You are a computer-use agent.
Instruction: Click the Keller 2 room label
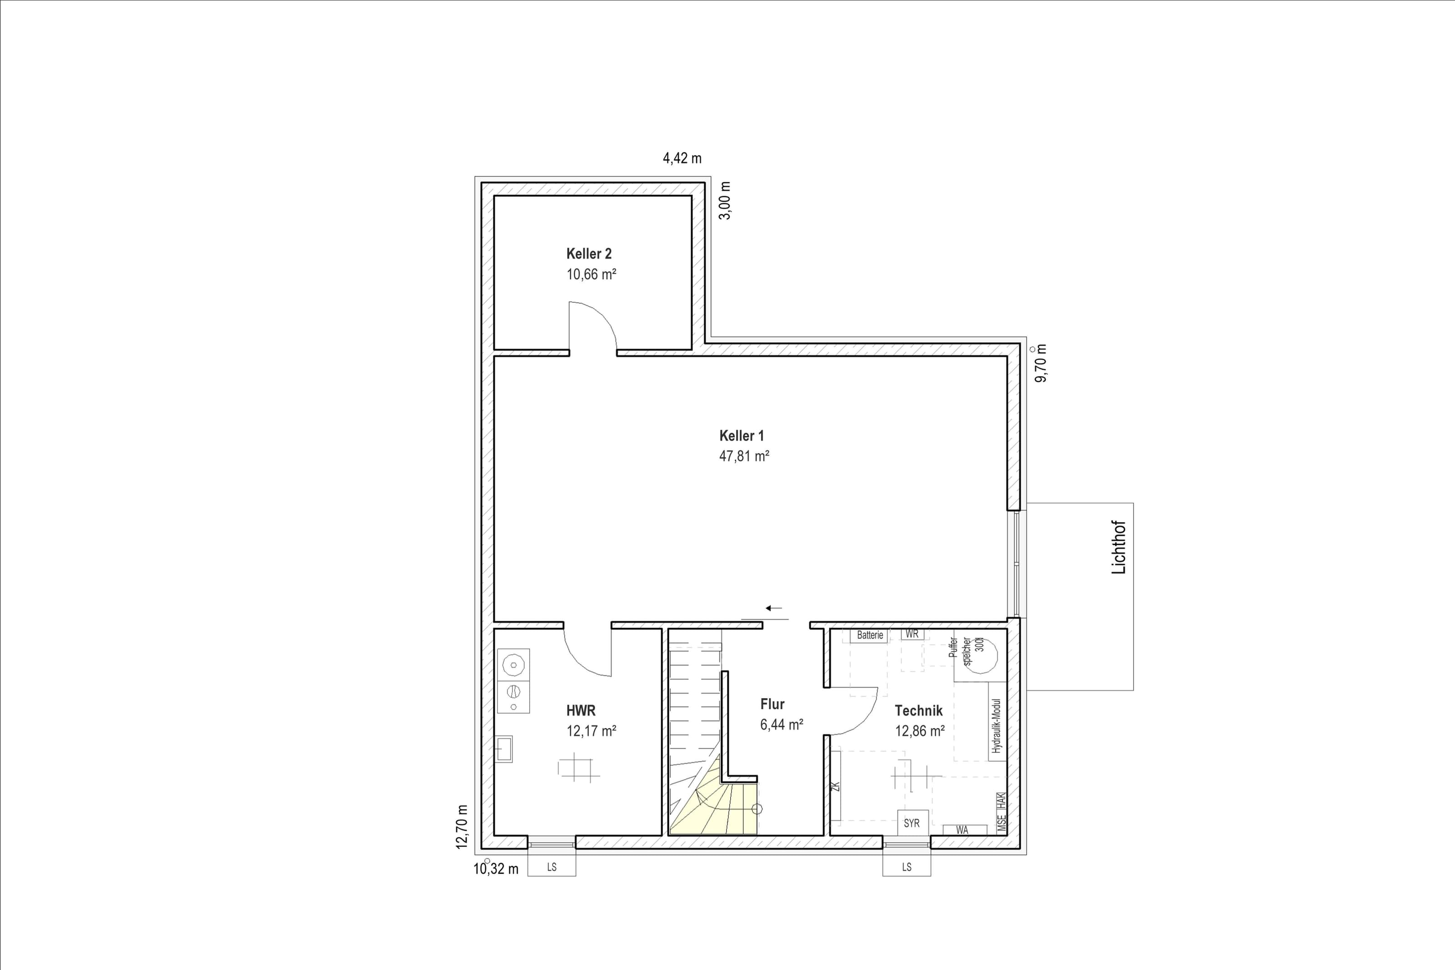pyautogui.click(x=589, y=254)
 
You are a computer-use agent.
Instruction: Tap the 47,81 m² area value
pyautogui.click(x=744, y=457)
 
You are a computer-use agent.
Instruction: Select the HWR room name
pyautogui.click(x=581, y=711)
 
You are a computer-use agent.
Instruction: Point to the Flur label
pyautogui.click(x=773, y=704)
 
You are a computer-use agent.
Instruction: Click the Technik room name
pyautogui.click(x=918, y=711)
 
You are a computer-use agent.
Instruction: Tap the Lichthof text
pyautogui.click(x=1119, y=548)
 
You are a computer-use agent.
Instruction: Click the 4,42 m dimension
pyautogui.click(x=682, y=158)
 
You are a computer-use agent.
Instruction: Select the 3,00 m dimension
pyautogui.click(x=725, y=201)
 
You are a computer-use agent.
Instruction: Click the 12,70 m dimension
pyautogui.click(x=462, y=827)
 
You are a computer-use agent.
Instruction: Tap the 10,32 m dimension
pyautogui.click(x=496, y=869)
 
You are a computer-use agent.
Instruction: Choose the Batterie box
pyautogui.click(x=869, y=635)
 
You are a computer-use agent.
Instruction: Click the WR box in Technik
pyautogui.click(x=912, y=634)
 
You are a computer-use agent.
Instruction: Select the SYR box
pyautogui.click(x=912, y=823)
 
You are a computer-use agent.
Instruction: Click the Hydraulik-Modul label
pyautogui.click(x=996, y=726)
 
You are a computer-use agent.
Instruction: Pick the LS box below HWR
pyautogui.click(x=552, y=866)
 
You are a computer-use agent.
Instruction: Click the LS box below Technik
pyautogui.click(x=907, y=866)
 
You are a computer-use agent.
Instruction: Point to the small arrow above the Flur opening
pyautogui.click(x=773, y=608)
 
